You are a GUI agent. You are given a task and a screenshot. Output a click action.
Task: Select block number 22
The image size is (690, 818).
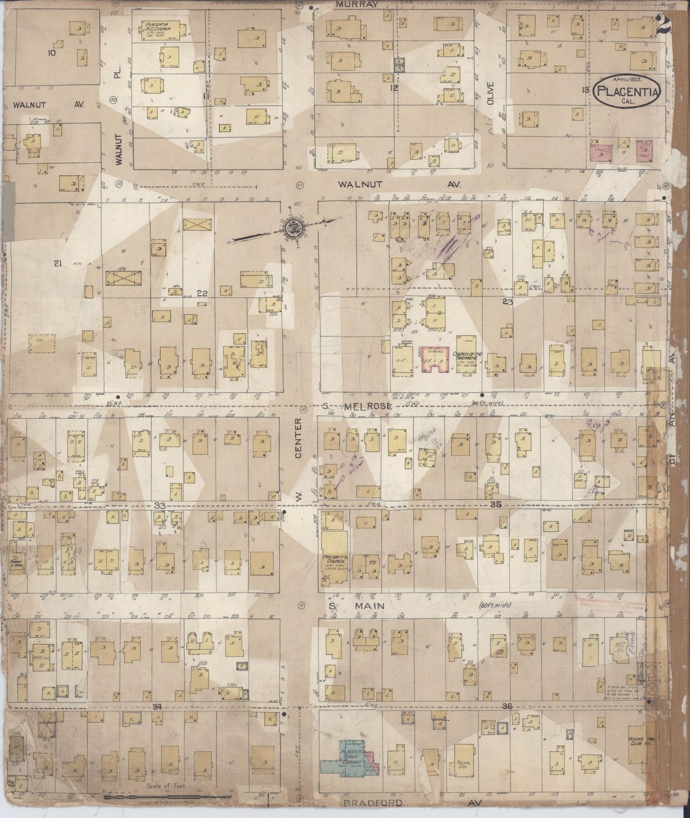point(202,294)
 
